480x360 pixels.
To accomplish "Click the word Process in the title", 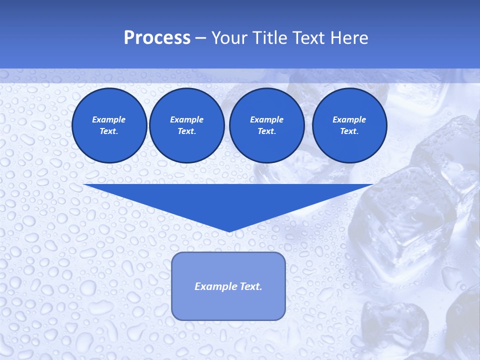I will tap(157, 38).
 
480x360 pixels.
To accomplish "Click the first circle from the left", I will tap(109, 125).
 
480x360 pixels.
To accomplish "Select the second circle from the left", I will tap(186, 125).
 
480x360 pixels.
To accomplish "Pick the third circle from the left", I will tap(266, 125).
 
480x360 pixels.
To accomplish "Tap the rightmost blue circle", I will tap(349, 125).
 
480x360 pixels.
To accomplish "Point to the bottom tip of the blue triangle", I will tap(229, 231).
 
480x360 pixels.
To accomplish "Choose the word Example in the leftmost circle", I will tap(109, 119).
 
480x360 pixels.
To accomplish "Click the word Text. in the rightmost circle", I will tap(349, 131).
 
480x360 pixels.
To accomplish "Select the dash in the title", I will tap(200, 38).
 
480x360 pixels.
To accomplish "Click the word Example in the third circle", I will tap(266, 119).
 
